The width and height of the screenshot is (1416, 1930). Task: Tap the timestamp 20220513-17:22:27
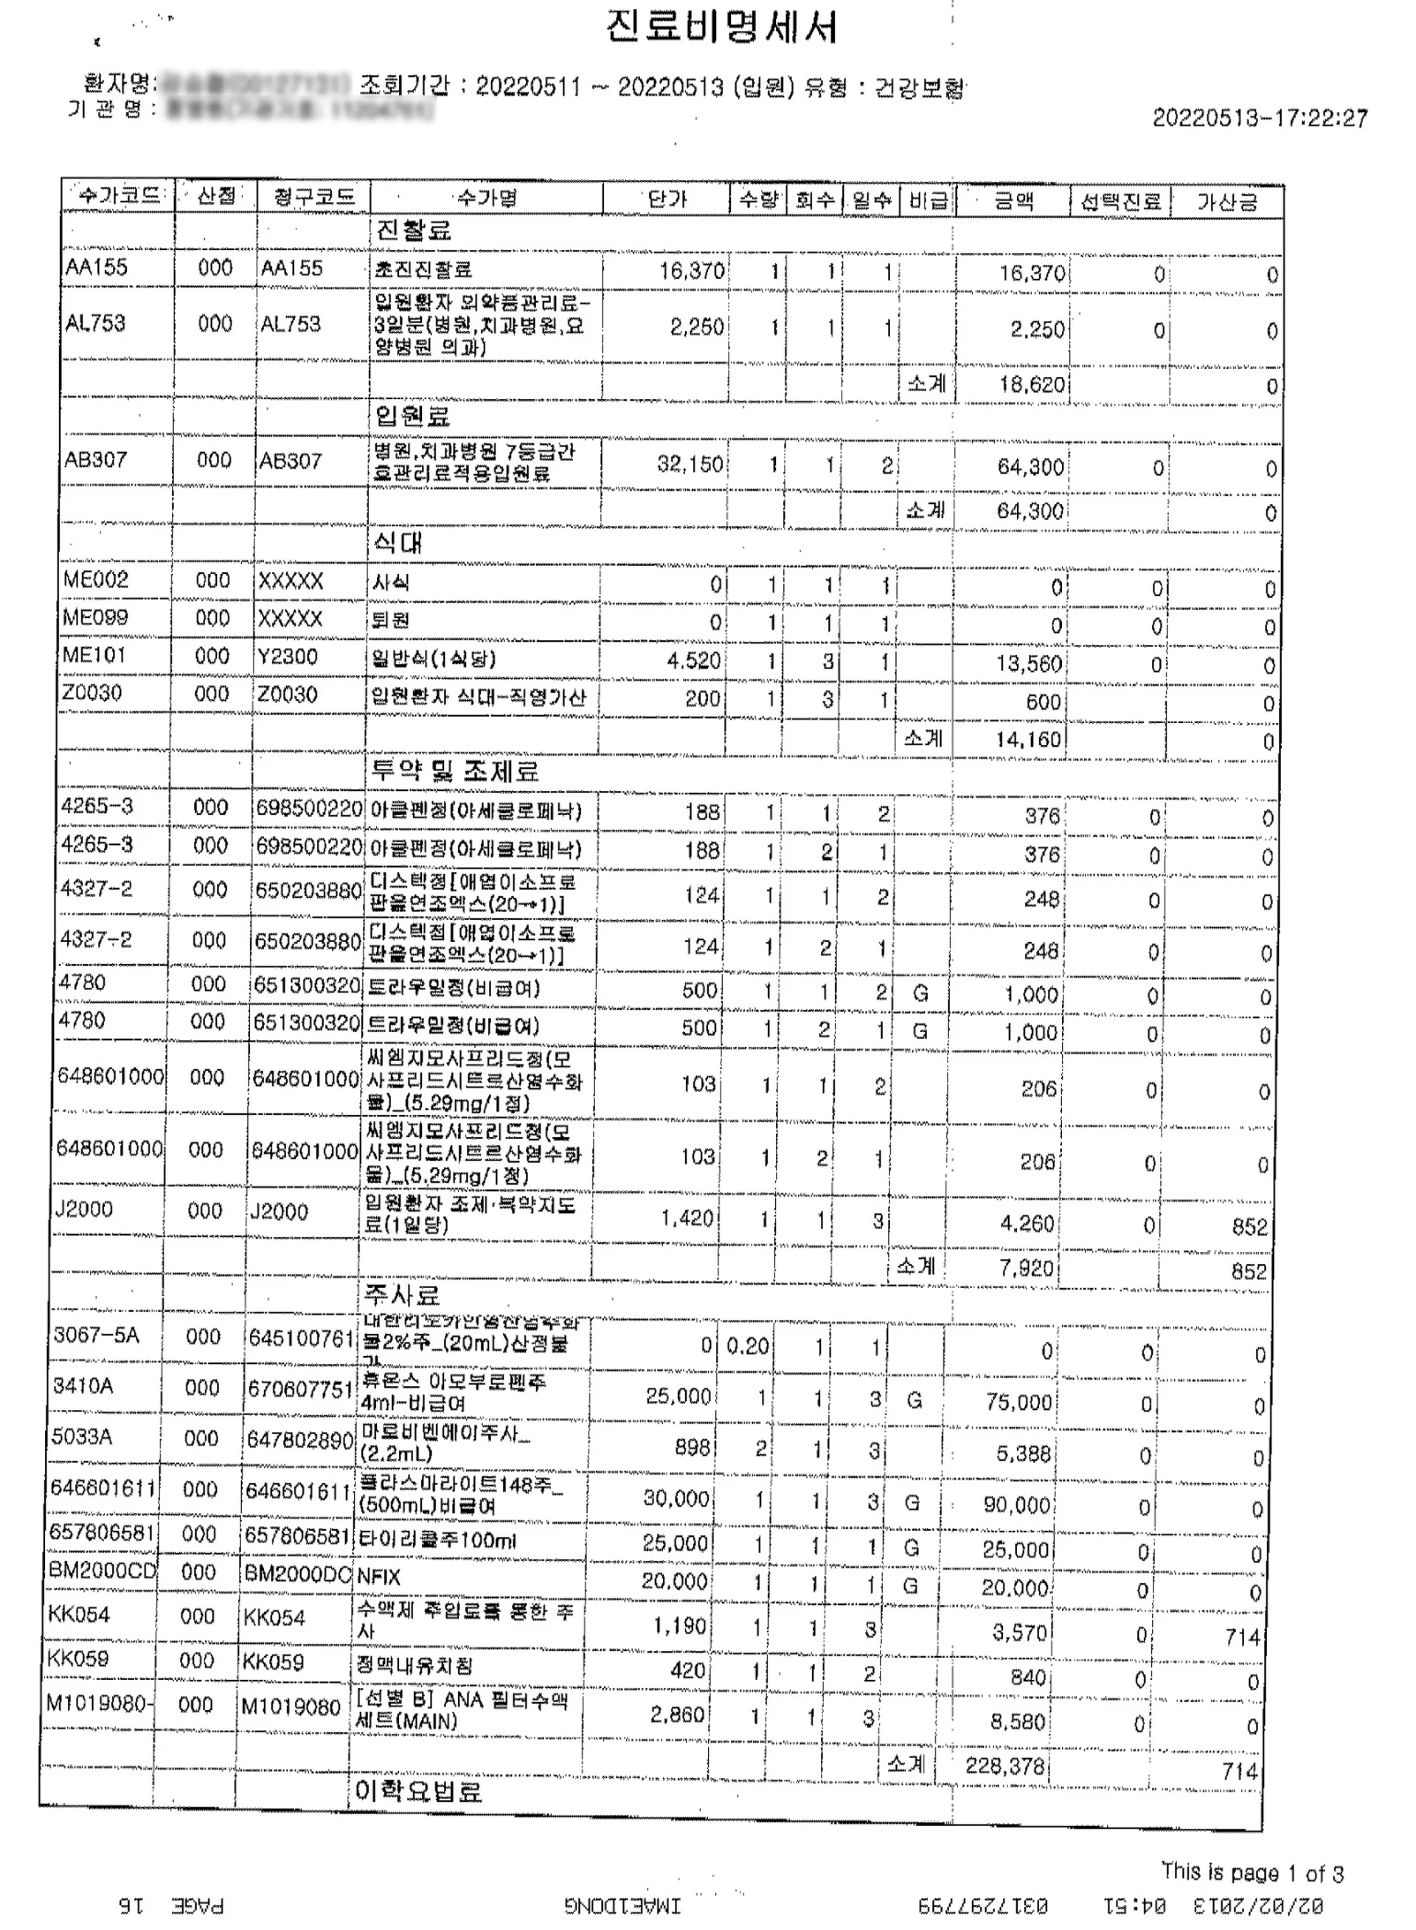point(1259,118)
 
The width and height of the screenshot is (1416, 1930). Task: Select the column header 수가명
point(486,199)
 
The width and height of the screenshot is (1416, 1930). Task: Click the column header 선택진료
point(1120,201)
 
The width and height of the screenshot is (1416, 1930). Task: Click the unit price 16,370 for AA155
point(691,271)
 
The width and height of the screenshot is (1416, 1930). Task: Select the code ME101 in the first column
point(94,655)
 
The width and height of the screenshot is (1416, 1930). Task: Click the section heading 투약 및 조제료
point(454,771)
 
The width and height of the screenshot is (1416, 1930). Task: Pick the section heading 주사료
point(401,1295)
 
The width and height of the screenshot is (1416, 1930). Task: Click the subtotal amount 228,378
point(1004,1766)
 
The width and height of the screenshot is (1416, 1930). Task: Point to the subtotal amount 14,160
point(1028,740)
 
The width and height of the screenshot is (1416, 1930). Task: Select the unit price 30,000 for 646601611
point(676,1498)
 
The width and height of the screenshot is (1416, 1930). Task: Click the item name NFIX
point(378,1577)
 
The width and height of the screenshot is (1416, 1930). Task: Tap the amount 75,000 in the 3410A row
point(1018,1402)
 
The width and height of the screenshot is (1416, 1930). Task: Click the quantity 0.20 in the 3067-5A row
point(746,1346)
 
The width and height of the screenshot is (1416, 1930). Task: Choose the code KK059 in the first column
point(78,1659)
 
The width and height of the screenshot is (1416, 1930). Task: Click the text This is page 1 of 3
point(1252,1872)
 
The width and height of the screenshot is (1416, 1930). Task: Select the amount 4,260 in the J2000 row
point(1026,1222)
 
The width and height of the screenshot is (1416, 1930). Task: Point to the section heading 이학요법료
point(417,1791)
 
